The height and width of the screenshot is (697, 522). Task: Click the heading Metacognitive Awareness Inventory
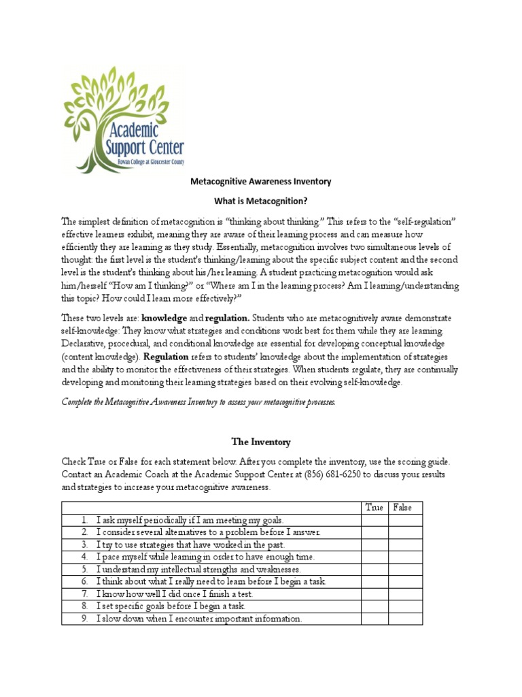[x=260, y=182]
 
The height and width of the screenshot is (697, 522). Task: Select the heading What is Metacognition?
[x=260, y=202]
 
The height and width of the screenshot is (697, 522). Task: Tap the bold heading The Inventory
[x=261, y=442]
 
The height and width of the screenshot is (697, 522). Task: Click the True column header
[x=375, y=508]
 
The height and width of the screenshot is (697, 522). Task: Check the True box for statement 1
[x=375, y=520]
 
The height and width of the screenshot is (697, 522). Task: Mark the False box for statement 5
[x=405, y=569]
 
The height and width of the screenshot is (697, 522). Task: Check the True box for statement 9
[x=375, y=619]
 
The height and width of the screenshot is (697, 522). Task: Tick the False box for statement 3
[x=405, y=545]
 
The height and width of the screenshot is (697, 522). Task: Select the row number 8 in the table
[x=85, y=606]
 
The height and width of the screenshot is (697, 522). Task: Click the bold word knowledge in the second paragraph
[x=163, y=318]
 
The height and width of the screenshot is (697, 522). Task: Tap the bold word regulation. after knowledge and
[x=228, y=318]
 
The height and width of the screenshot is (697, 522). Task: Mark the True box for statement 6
[x=375, y=582]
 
